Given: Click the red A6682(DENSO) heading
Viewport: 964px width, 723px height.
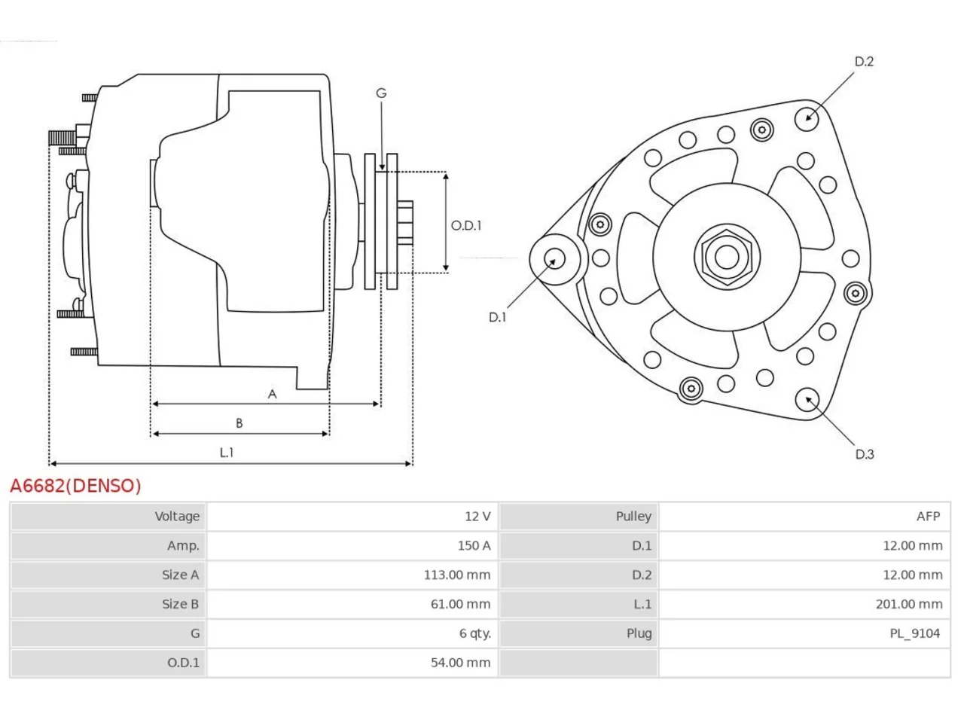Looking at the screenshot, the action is [75, 486].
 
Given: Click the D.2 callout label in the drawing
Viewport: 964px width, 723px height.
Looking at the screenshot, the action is [864, 62].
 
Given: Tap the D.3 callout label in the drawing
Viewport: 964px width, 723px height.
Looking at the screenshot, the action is [865, 454].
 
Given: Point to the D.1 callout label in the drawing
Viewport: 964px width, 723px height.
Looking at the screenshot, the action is [498, 317].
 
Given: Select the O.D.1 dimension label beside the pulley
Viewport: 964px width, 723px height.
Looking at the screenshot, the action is [466, 226].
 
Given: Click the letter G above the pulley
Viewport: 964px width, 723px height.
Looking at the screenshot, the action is [381, 93].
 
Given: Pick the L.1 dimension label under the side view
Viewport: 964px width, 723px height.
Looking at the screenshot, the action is [227, 452].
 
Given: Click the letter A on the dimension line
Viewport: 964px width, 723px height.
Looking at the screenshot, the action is [273, 394].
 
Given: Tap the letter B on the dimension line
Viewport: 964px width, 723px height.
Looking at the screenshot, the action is [239, 423].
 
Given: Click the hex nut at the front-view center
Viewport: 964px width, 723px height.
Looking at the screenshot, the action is [727, 258].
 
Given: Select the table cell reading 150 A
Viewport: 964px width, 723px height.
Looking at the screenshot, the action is [474, 546].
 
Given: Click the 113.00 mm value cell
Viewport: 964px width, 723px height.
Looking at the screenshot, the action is [456, 575].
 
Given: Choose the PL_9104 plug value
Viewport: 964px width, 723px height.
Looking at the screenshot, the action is [915, 633].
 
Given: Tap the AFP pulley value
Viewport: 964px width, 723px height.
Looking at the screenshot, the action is [928, 516].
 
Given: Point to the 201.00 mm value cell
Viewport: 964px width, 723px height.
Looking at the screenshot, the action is [909, 605].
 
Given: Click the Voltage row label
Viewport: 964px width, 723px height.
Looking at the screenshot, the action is [177, 516].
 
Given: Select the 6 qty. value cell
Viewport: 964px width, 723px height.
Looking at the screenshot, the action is [475, 633].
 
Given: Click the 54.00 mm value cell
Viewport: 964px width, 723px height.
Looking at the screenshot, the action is [460, 663].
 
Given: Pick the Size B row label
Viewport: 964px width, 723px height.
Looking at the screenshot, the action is [180, 605].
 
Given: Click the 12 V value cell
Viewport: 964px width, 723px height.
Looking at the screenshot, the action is [477, 516].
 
